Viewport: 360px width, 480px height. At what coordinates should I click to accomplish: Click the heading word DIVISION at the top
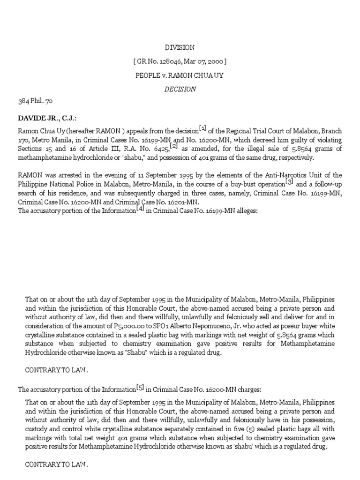point(180,47)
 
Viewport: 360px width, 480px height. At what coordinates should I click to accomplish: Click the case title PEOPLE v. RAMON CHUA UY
point(180,75)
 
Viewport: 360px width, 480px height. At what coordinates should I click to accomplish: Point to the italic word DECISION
point(180,89)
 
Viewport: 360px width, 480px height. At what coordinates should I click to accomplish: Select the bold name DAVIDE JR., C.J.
point(47,119)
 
